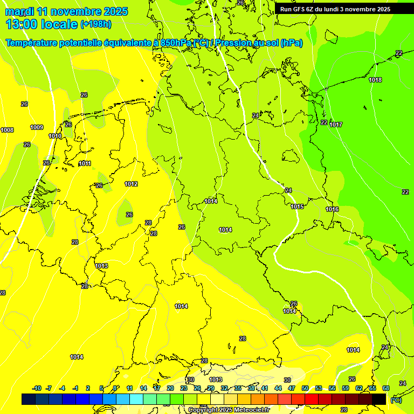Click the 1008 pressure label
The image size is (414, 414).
[x=7, y=130]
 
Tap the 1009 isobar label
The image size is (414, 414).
[x=37, y=127]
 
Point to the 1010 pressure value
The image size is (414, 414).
[x=55, y=136]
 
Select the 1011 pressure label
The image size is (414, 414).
[x=85, y=163]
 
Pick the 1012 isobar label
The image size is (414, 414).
[x=131, y=184]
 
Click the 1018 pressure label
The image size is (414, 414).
[x=375, y=80]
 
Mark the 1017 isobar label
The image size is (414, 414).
[x=336, y=125]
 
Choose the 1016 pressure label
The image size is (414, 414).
[x=332, y=209]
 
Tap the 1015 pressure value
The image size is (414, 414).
[x=297, y=206]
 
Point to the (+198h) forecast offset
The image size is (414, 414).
[x=96, y=24]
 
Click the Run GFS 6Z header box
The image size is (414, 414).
[x=335, y=9]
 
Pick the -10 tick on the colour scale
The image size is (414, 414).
[x=37, y=388]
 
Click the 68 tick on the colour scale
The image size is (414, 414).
[x=386, y=388]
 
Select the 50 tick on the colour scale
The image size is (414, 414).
[x=305, y=388]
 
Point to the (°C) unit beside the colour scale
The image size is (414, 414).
[x=396, y=400]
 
